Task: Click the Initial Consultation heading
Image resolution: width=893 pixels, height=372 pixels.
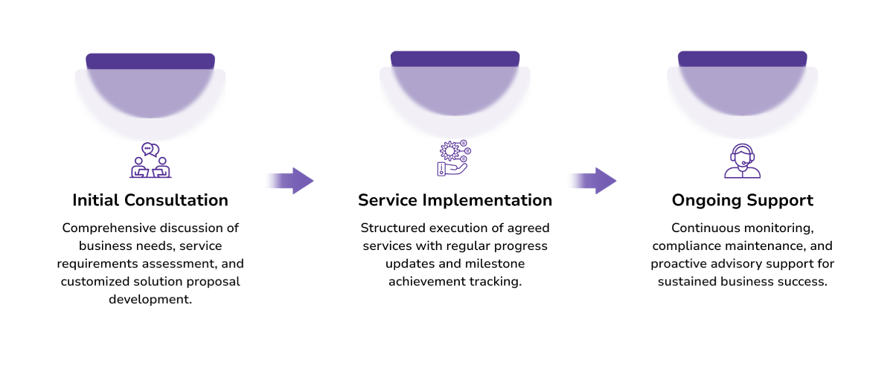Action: (x=150, y=200)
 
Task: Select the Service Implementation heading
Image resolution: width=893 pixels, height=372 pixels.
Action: (x=455, y=200)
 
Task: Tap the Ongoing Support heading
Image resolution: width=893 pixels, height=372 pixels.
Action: (x=742, y=200)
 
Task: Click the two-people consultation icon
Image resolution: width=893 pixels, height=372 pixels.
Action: (x=150, y=160)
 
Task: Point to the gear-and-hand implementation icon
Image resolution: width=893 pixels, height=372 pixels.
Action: (x=452, y=158)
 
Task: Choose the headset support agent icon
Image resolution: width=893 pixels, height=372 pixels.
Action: (x=742, y=161)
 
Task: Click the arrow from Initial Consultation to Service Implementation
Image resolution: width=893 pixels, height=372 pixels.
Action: (x=289, y=181)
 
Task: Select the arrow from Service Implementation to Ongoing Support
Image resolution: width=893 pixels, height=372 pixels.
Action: (x=592, y=181)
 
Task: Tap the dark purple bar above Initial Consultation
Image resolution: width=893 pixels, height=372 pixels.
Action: (x=150, y=61)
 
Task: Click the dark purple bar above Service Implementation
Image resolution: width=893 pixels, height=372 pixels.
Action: (x=455, y=59)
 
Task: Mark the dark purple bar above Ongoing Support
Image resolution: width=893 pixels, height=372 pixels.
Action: (x=742, y=59)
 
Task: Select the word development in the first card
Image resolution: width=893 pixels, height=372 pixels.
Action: (x=150, y=299)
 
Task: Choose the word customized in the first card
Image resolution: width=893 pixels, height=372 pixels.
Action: (x=97, y=281)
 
